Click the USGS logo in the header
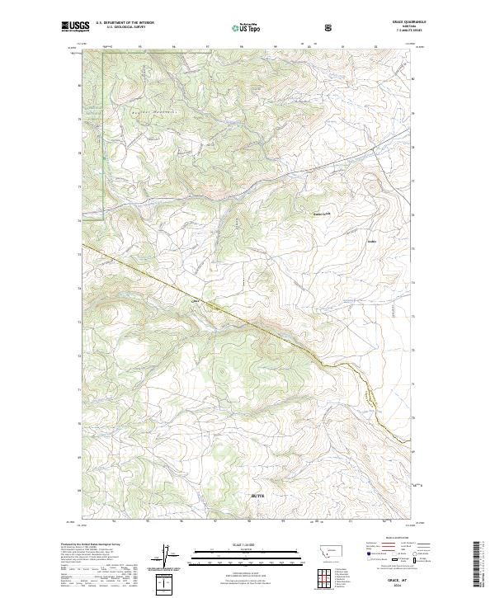tap(74, 26)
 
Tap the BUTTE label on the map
tap(259, 495)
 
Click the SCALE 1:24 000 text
tap(247, 545)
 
